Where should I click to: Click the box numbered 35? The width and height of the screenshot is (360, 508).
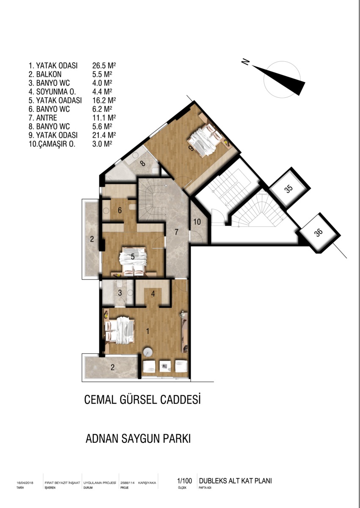[x=289, y=188]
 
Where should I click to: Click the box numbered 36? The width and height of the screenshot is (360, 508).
[x=319, y=233]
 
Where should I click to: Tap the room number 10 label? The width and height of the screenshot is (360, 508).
[x=197, y=221]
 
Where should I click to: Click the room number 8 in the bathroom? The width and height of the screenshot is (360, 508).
[x=143, y=163]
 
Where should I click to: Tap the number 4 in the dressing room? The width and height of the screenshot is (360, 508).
[x=153, y=294]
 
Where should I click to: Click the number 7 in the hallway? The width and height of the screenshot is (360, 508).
[x=176, y=232]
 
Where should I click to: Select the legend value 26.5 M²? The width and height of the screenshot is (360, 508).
[x=104, y=66]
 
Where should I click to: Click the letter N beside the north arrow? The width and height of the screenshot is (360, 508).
[x=245, y=61]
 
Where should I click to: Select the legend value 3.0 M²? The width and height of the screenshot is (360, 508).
[x=102, y=144]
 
